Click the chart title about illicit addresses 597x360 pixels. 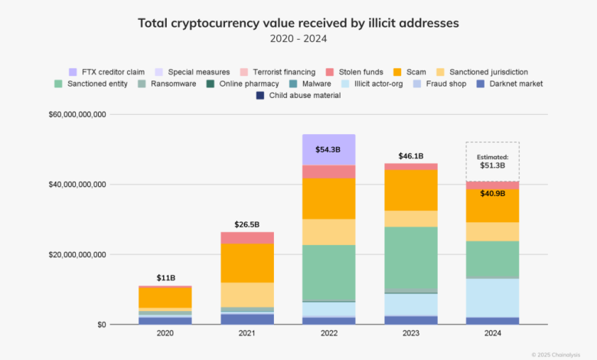[298, 23]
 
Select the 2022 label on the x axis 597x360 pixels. [329, 335]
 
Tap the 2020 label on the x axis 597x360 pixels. [165, 335]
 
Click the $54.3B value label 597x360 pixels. [329, 149]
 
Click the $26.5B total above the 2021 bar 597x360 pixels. [246, 224]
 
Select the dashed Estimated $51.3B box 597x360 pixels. [492, 161]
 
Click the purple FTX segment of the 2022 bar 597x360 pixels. [329, 150]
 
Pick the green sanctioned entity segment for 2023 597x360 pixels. [411, 258]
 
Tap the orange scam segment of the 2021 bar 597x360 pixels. [247, 263]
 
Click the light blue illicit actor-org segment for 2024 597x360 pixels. [493, 297]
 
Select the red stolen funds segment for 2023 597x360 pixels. [411, 166]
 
